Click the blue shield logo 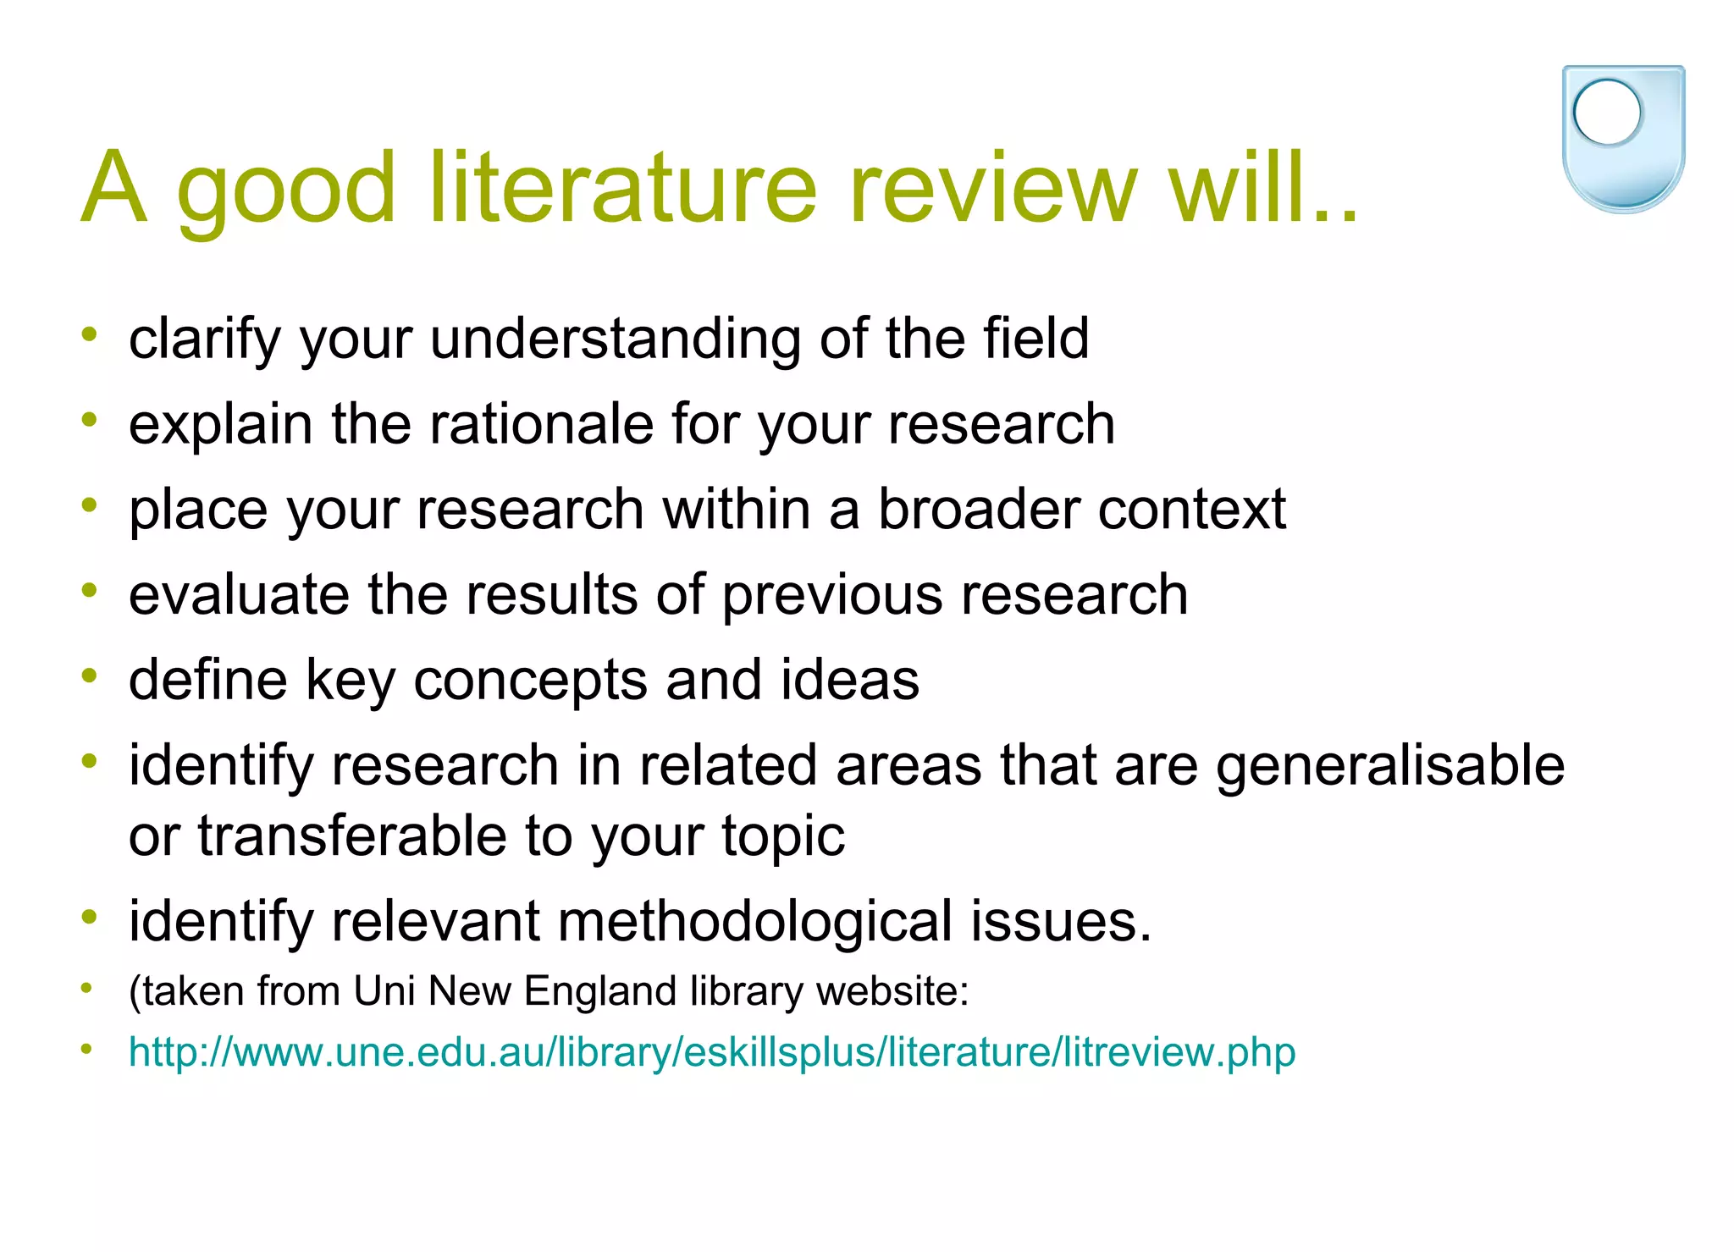point(1623,140)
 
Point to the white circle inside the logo point(1607,113)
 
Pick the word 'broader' point(978,509)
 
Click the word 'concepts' point(530,680)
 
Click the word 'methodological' point(755,921)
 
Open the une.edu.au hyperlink point(712,1052)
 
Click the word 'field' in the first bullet point(1035,339)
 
